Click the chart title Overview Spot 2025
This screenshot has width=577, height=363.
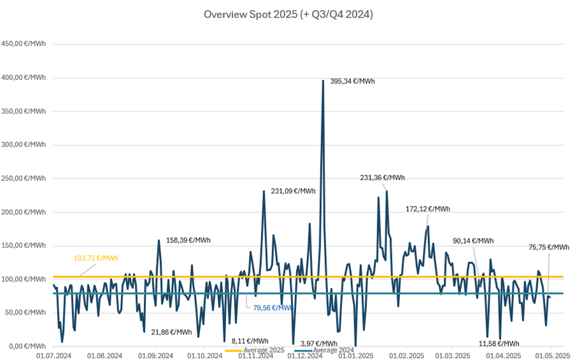click(x=288, y=14)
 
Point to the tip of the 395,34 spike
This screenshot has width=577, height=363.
click(x=324, y=80)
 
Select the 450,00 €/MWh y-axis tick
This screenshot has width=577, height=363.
click(x=24, y=44)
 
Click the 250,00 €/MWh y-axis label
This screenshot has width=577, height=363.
click(x=24, y=178)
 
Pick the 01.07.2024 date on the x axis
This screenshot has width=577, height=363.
click(x=54, y=355)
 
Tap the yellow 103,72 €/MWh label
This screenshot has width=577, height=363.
click(x=96, y=258)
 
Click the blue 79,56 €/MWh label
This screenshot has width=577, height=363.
click(x=272, y=307)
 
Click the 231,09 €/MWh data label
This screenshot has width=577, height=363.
click(x=294, y=191)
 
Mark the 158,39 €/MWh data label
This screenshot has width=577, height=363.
click(x=189, y=241)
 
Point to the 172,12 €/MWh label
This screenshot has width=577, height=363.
click(x=428, y=209)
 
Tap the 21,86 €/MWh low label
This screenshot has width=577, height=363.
click(x=171, y=332)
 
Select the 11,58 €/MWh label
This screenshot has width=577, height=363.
click(x=499, y=343)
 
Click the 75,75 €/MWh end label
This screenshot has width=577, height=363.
click(x=549, y=248)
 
